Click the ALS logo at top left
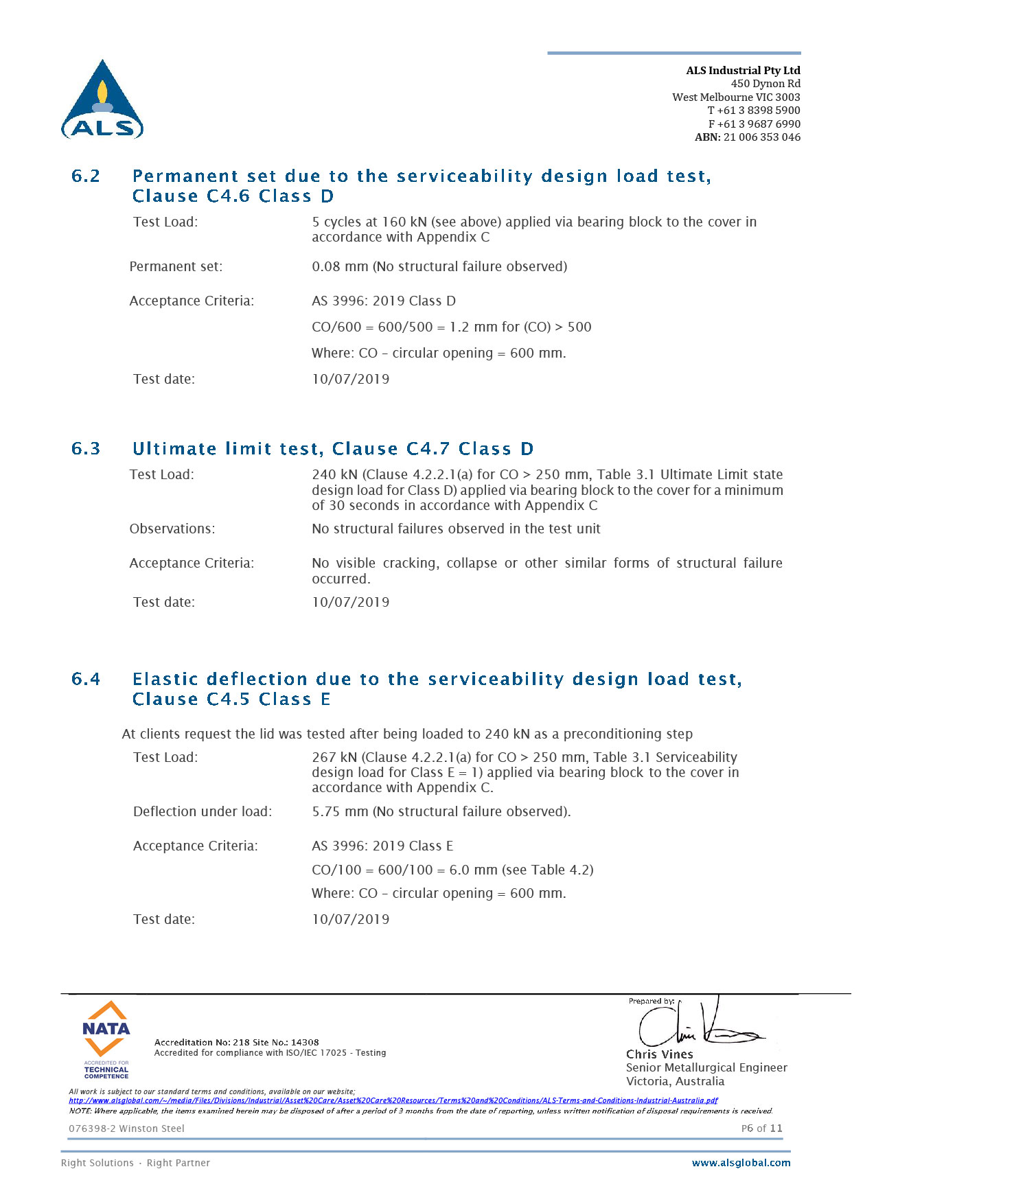(x=102, y=100)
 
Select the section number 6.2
(x=86, y=176)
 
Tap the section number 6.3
(x=86, y=449)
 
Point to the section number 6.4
(x=86, y=680)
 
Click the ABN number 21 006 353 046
(x=761, y=137)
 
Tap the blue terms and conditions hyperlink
(x=393, y=1100)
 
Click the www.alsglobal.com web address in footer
(x=741, y=1163)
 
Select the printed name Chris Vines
(x=659, y=1054)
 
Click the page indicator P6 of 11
(x=761, y=1128)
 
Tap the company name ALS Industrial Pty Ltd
(x=743, y=70)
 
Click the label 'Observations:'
(x=172, y=529)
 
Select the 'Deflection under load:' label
(x=203, y=811)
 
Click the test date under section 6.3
(x=350, y=602)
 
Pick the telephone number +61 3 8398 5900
(x=759, y=111)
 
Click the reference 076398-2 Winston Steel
(x=126, y=1128)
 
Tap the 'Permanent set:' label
(x=176, y=266)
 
